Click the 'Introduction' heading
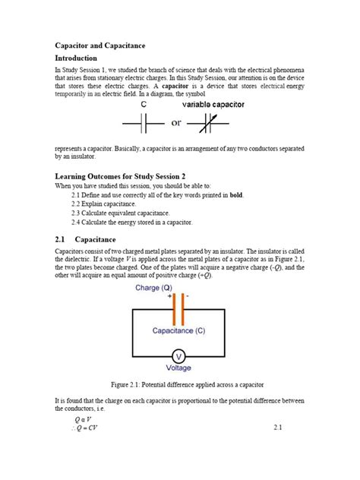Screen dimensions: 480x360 point(77,58)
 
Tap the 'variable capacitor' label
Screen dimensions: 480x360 point(213,105)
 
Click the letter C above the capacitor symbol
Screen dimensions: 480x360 point(143,105)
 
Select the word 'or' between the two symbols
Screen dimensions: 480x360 point(177,122)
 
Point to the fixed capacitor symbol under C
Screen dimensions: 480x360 point(144,122)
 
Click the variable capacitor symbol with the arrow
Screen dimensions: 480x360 point(214,122)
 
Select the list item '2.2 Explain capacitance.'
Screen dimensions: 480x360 point(104,204)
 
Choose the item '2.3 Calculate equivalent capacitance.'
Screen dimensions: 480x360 point(120,213)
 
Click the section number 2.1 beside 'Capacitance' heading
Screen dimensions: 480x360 point(62,239)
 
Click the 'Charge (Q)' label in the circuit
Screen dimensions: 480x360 point(159,289)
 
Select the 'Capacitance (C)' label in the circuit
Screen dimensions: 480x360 point(179,332)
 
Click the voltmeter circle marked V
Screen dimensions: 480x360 point(179,356)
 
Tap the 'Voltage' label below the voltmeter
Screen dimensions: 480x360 point(179,368)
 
